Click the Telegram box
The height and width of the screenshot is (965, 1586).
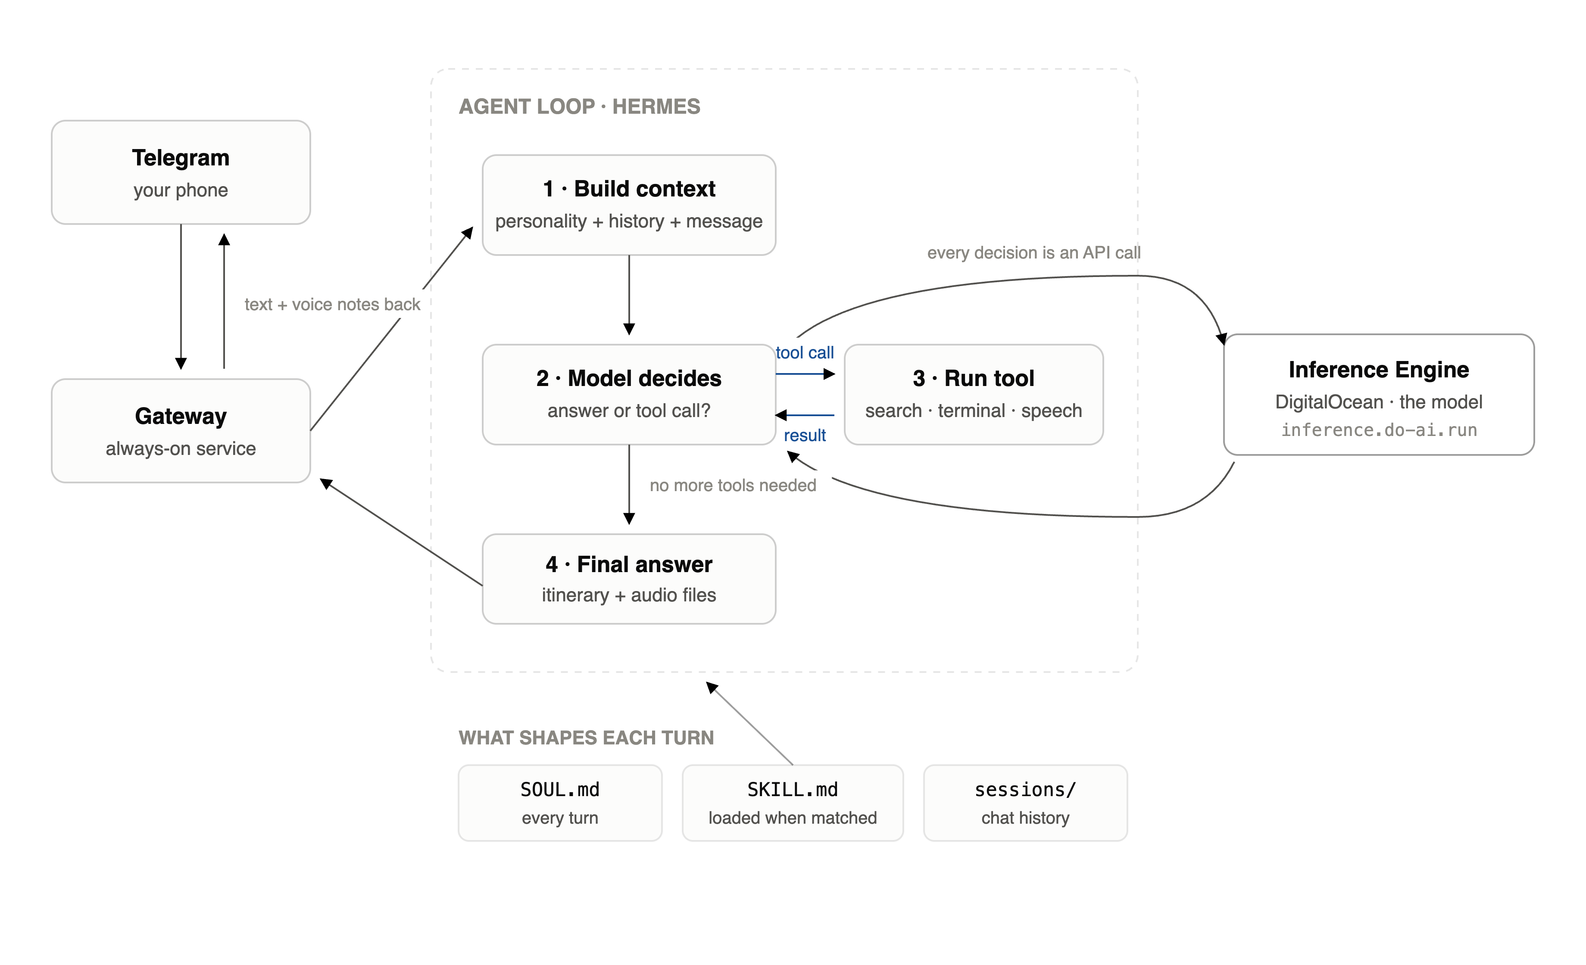tap(181, 172)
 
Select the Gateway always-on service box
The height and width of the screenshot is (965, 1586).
tap(181, 430)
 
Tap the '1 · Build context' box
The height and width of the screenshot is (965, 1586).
tap(629, 205)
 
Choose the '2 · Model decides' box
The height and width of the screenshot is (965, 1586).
tap(629, 394)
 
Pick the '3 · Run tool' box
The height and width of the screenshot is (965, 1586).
tap(974, 394)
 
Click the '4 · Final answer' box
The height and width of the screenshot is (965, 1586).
tap(629, 579)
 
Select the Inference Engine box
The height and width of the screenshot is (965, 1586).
tap(1379, 394)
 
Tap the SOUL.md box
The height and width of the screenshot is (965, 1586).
tap(560, 803)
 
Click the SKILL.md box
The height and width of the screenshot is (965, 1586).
tap(793, 803)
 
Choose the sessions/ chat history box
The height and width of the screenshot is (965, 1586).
tap(1025, 803)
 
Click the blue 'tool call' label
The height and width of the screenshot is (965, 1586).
tap(805, 352)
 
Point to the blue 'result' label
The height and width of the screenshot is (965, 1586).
tap(805, 436)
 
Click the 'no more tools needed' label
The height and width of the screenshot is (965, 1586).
tap(733, 485)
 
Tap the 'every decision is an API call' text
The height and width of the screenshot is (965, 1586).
tap(1034, 253)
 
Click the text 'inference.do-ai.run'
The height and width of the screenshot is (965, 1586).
tap(1379, 430)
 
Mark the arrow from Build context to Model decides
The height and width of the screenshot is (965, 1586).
tap(629, 295)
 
